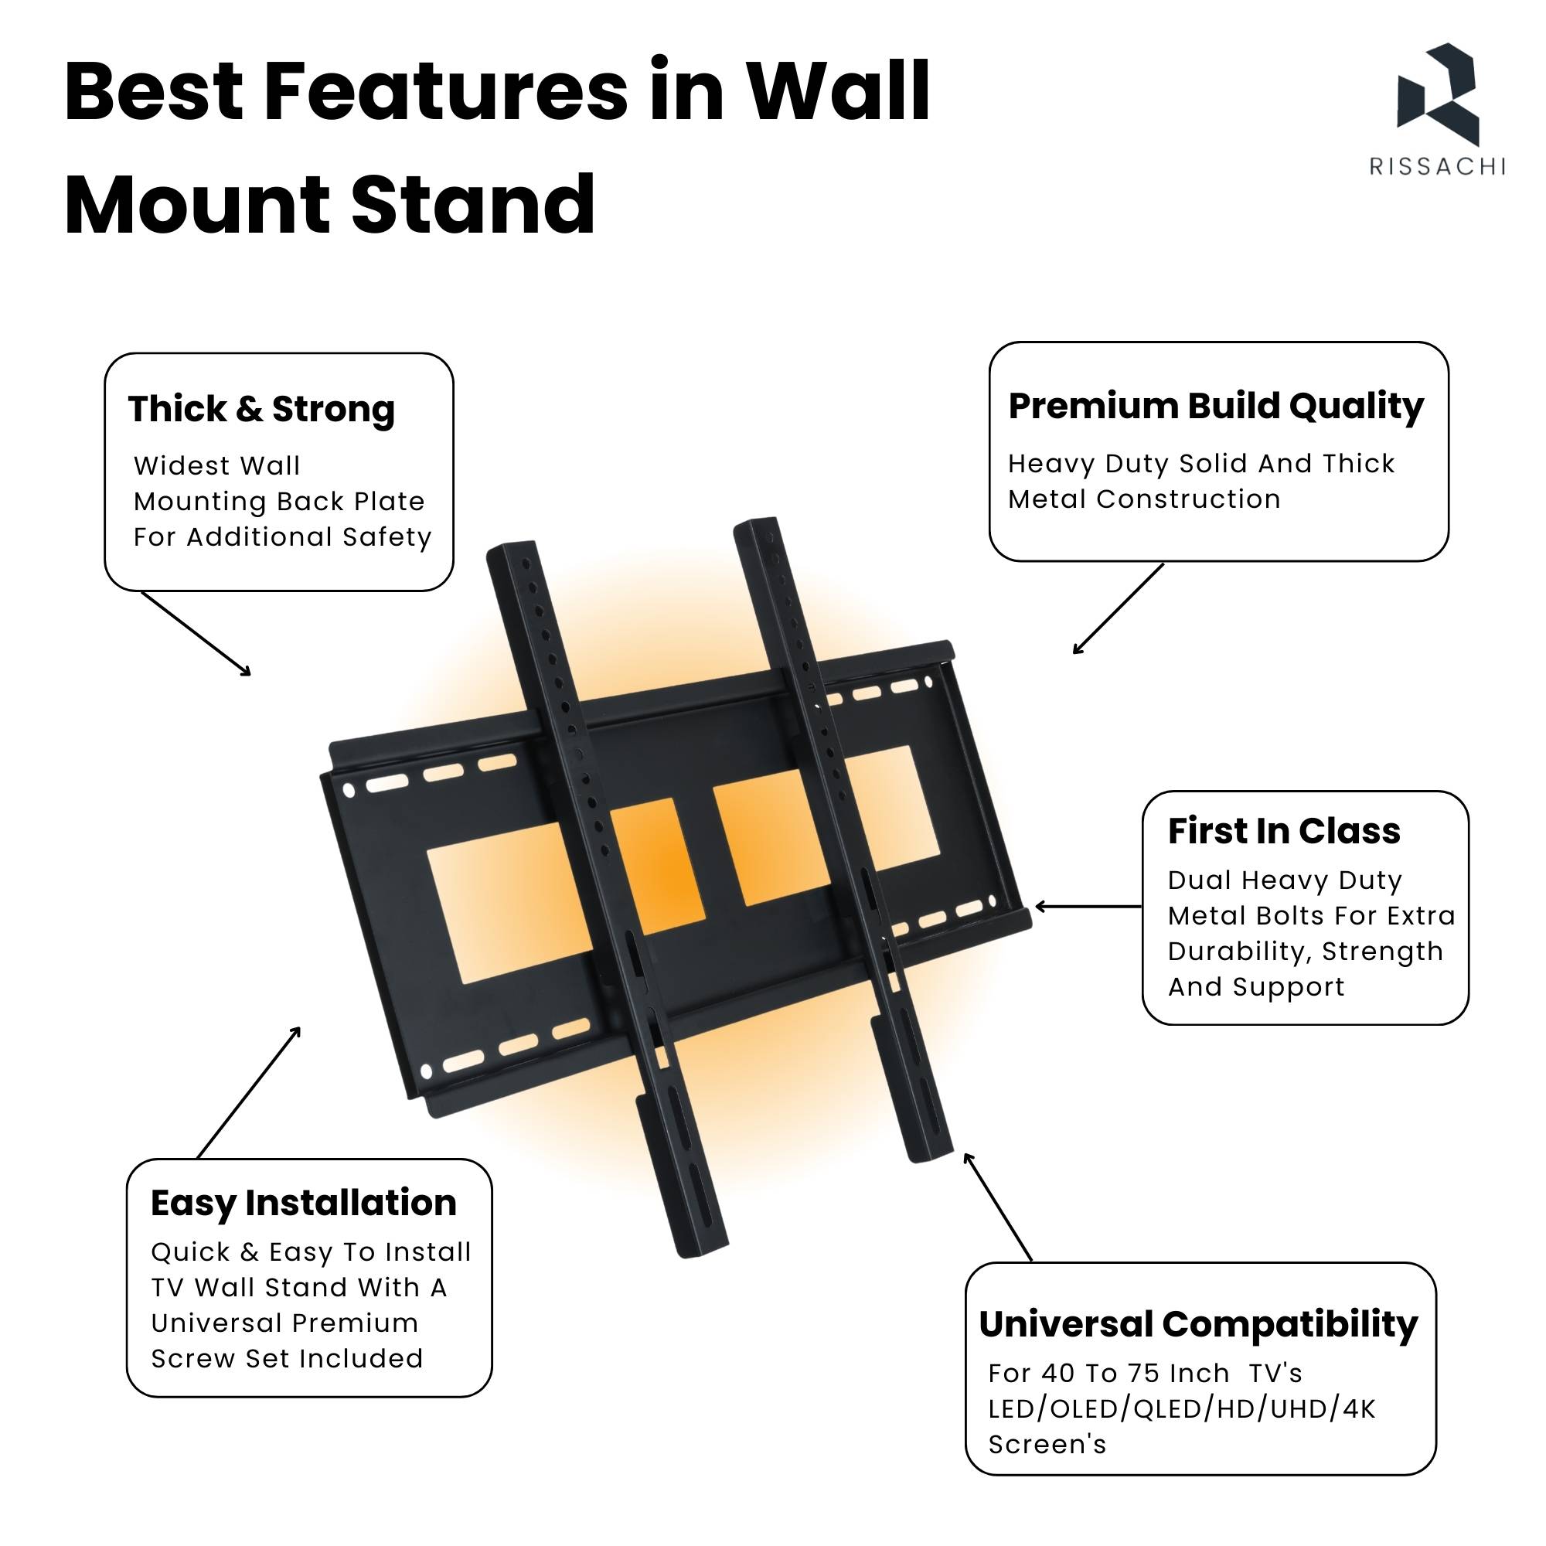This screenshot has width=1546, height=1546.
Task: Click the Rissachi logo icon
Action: click(x=1437, y=94)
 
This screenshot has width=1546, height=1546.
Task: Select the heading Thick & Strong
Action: click(x=262, y=409)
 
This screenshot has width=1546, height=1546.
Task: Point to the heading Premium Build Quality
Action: click(x=1215, y=406)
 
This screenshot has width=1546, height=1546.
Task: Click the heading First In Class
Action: click(x=1284, y=831)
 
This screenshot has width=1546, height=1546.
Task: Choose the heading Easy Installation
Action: click(x=304, y=1203)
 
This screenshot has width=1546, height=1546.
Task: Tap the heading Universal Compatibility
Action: click(x=1199, y=1324)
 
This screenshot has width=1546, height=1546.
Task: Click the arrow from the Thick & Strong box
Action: click(x=196, y=634)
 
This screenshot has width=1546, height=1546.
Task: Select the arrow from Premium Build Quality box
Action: click(x=1118, y=608)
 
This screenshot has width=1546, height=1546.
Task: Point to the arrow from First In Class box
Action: click(x=1088, y=907)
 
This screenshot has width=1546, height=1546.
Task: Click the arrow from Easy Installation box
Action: click(x=249, y=1092)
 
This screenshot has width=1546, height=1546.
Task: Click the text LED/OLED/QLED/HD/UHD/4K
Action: click(x=1182, y=1408)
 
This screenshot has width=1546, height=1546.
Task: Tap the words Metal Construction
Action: click(x=1144, y=499)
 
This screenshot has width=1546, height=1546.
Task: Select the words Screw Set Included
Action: click(x=288, y=1358)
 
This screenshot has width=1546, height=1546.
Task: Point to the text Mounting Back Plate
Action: click(x=279, y=502)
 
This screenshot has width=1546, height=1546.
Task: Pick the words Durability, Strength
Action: click(x=1306, y=952)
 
